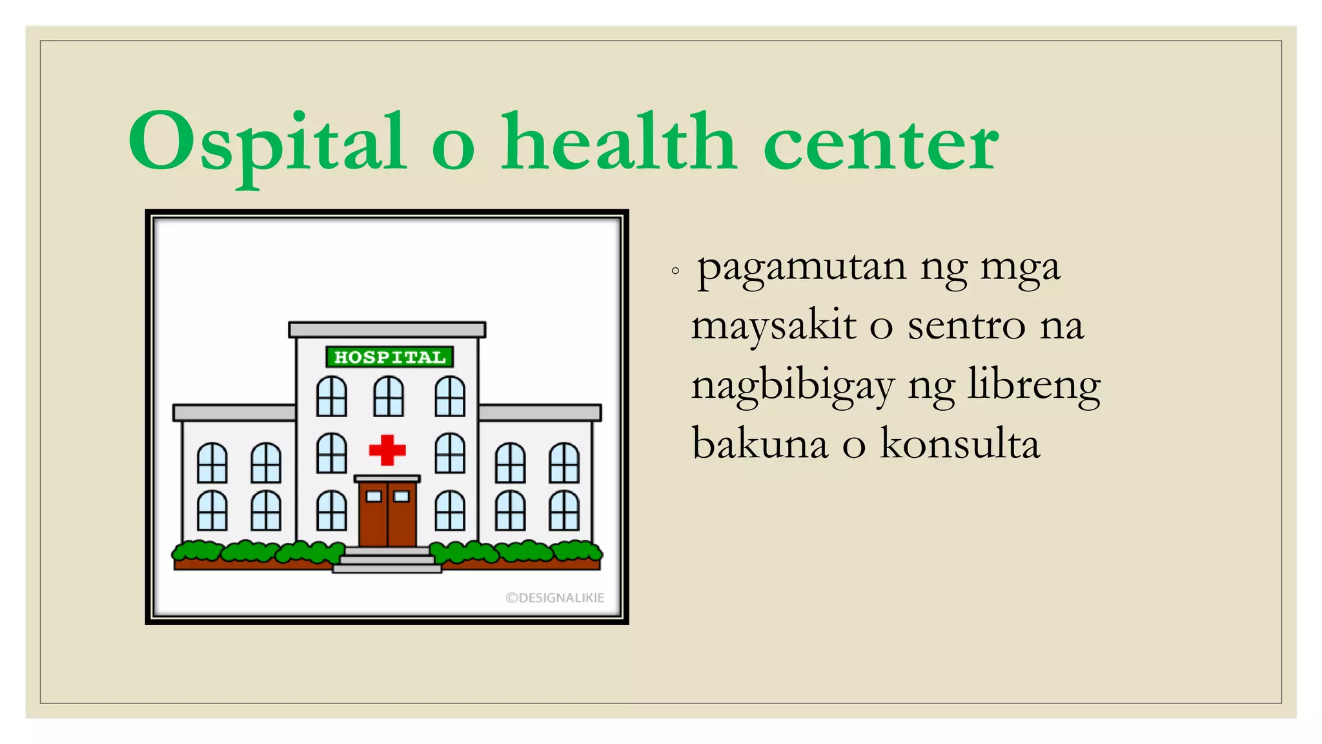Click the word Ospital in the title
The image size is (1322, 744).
pyautogui.click(x=267, y=143)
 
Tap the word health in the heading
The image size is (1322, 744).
pyautogui.click(x=618, y=143)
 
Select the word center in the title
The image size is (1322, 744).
pyautogui.click(x=880, y=145)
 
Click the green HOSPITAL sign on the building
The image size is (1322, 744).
pyautogui.click(x=390, y=357)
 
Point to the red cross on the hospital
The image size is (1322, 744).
pyautogui.click(x=387, y=450)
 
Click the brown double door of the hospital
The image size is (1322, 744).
pyautogui.click(x=387, y=514)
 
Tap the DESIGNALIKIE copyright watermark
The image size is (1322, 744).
pyautogui.click(x=555, y=598)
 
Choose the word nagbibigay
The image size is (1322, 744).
pyautogui.click(x=793, y=386)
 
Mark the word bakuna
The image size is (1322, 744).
pyautogui.click(x=760, y=444)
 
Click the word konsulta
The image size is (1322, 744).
pyautogui.click(x=960, y=444)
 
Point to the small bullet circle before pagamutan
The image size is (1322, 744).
pyautogui.click(x=675, y=271)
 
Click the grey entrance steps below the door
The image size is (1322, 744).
pyautogui.click(x=387, y=560)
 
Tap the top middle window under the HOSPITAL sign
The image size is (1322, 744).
pyautogui.click(x=389, y=397)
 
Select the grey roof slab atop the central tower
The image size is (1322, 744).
pyautogui.click(x=387, y=330)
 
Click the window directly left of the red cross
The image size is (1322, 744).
pyautogui.click(x=332, y=453)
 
